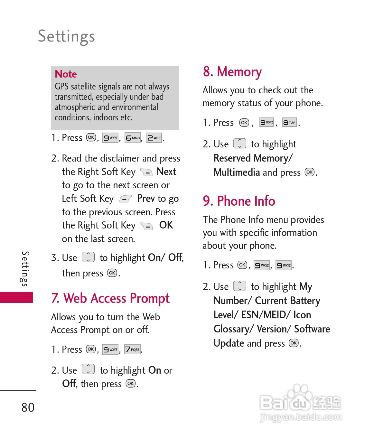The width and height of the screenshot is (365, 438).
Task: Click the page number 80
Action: pos(28,407)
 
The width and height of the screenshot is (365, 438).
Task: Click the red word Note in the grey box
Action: pos(66,74)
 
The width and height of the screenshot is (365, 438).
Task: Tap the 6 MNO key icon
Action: pos(133,138)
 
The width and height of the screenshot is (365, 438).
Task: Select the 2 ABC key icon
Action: pos(154,138)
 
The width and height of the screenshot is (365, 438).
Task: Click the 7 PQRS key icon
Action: pos(132,349)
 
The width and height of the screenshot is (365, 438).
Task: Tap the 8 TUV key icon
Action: pos(289,122)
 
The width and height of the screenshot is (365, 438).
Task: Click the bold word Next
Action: pos(166,172)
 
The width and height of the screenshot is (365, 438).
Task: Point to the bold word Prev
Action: pos(146,198)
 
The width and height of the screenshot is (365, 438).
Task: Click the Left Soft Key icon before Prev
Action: pos(125,199)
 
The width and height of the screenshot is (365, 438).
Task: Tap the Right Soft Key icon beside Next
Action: pos(146,172)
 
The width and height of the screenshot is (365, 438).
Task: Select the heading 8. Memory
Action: pos(232,72)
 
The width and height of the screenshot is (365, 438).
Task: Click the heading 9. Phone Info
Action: pos(239,201)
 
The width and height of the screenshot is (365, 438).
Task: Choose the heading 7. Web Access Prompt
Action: pos(110,298)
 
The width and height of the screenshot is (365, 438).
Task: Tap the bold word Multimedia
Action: pos(237,172)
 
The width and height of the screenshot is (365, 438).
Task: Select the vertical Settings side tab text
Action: pos(25,269)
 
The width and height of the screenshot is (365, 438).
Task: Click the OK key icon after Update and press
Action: pos(294,343)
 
